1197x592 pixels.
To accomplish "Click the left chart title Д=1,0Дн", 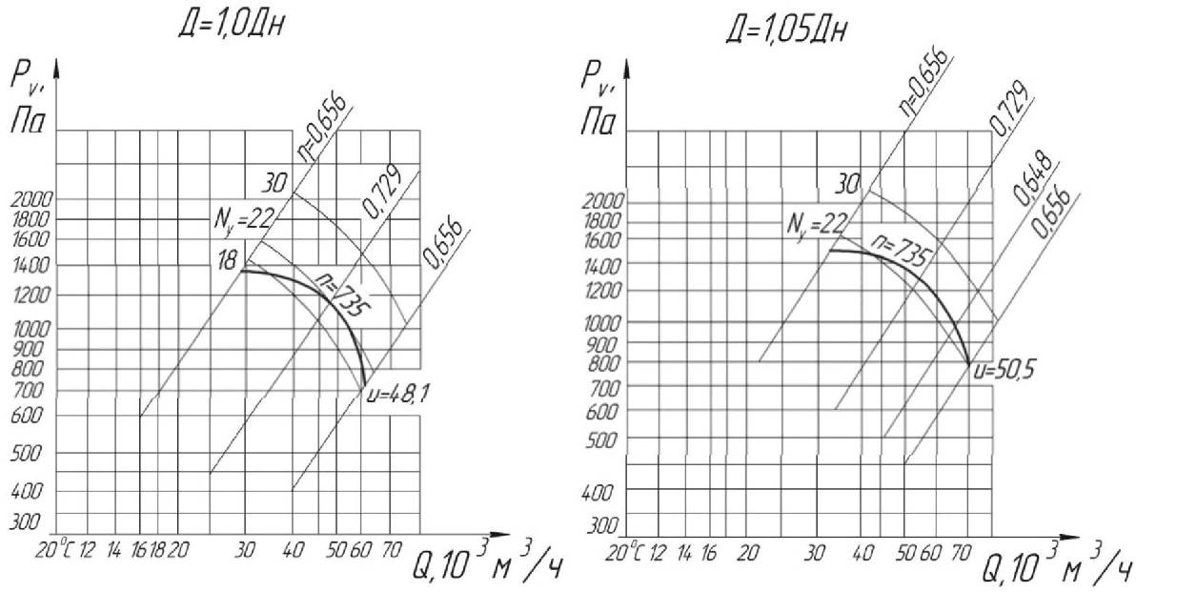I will [x=233, y=25].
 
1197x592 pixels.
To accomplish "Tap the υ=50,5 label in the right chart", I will [x=1002, y=366].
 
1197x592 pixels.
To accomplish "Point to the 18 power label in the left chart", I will [x=228, y=259].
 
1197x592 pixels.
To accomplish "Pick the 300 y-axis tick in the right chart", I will [x=600, y=526].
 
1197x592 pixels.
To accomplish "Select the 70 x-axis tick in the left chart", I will [x=390, y=550].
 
